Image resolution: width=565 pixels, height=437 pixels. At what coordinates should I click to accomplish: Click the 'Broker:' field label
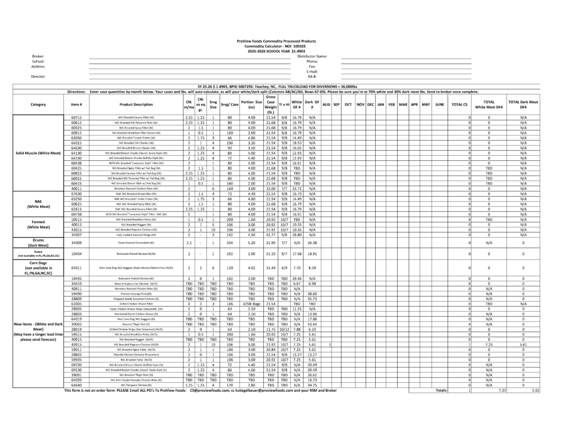38,56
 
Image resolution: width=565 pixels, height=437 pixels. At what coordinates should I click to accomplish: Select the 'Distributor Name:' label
312,56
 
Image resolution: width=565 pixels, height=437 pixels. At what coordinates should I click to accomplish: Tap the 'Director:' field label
38,76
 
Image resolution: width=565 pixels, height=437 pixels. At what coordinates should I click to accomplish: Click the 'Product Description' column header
136,104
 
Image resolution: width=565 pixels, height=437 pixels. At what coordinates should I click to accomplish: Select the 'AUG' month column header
326,104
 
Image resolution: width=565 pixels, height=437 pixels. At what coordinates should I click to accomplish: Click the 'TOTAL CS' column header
460,104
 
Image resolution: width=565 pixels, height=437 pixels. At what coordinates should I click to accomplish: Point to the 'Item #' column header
77,104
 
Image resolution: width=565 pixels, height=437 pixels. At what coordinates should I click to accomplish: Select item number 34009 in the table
77,242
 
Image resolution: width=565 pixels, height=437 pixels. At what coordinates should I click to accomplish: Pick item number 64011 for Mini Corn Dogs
77,267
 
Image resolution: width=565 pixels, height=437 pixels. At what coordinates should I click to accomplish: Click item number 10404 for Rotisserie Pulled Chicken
77,254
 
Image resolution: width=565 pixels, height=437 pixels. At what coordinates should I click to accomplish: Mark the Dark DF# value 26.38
312,242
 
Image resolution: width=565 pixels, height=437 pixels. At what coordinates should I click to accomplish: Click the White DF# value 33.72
297,188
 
